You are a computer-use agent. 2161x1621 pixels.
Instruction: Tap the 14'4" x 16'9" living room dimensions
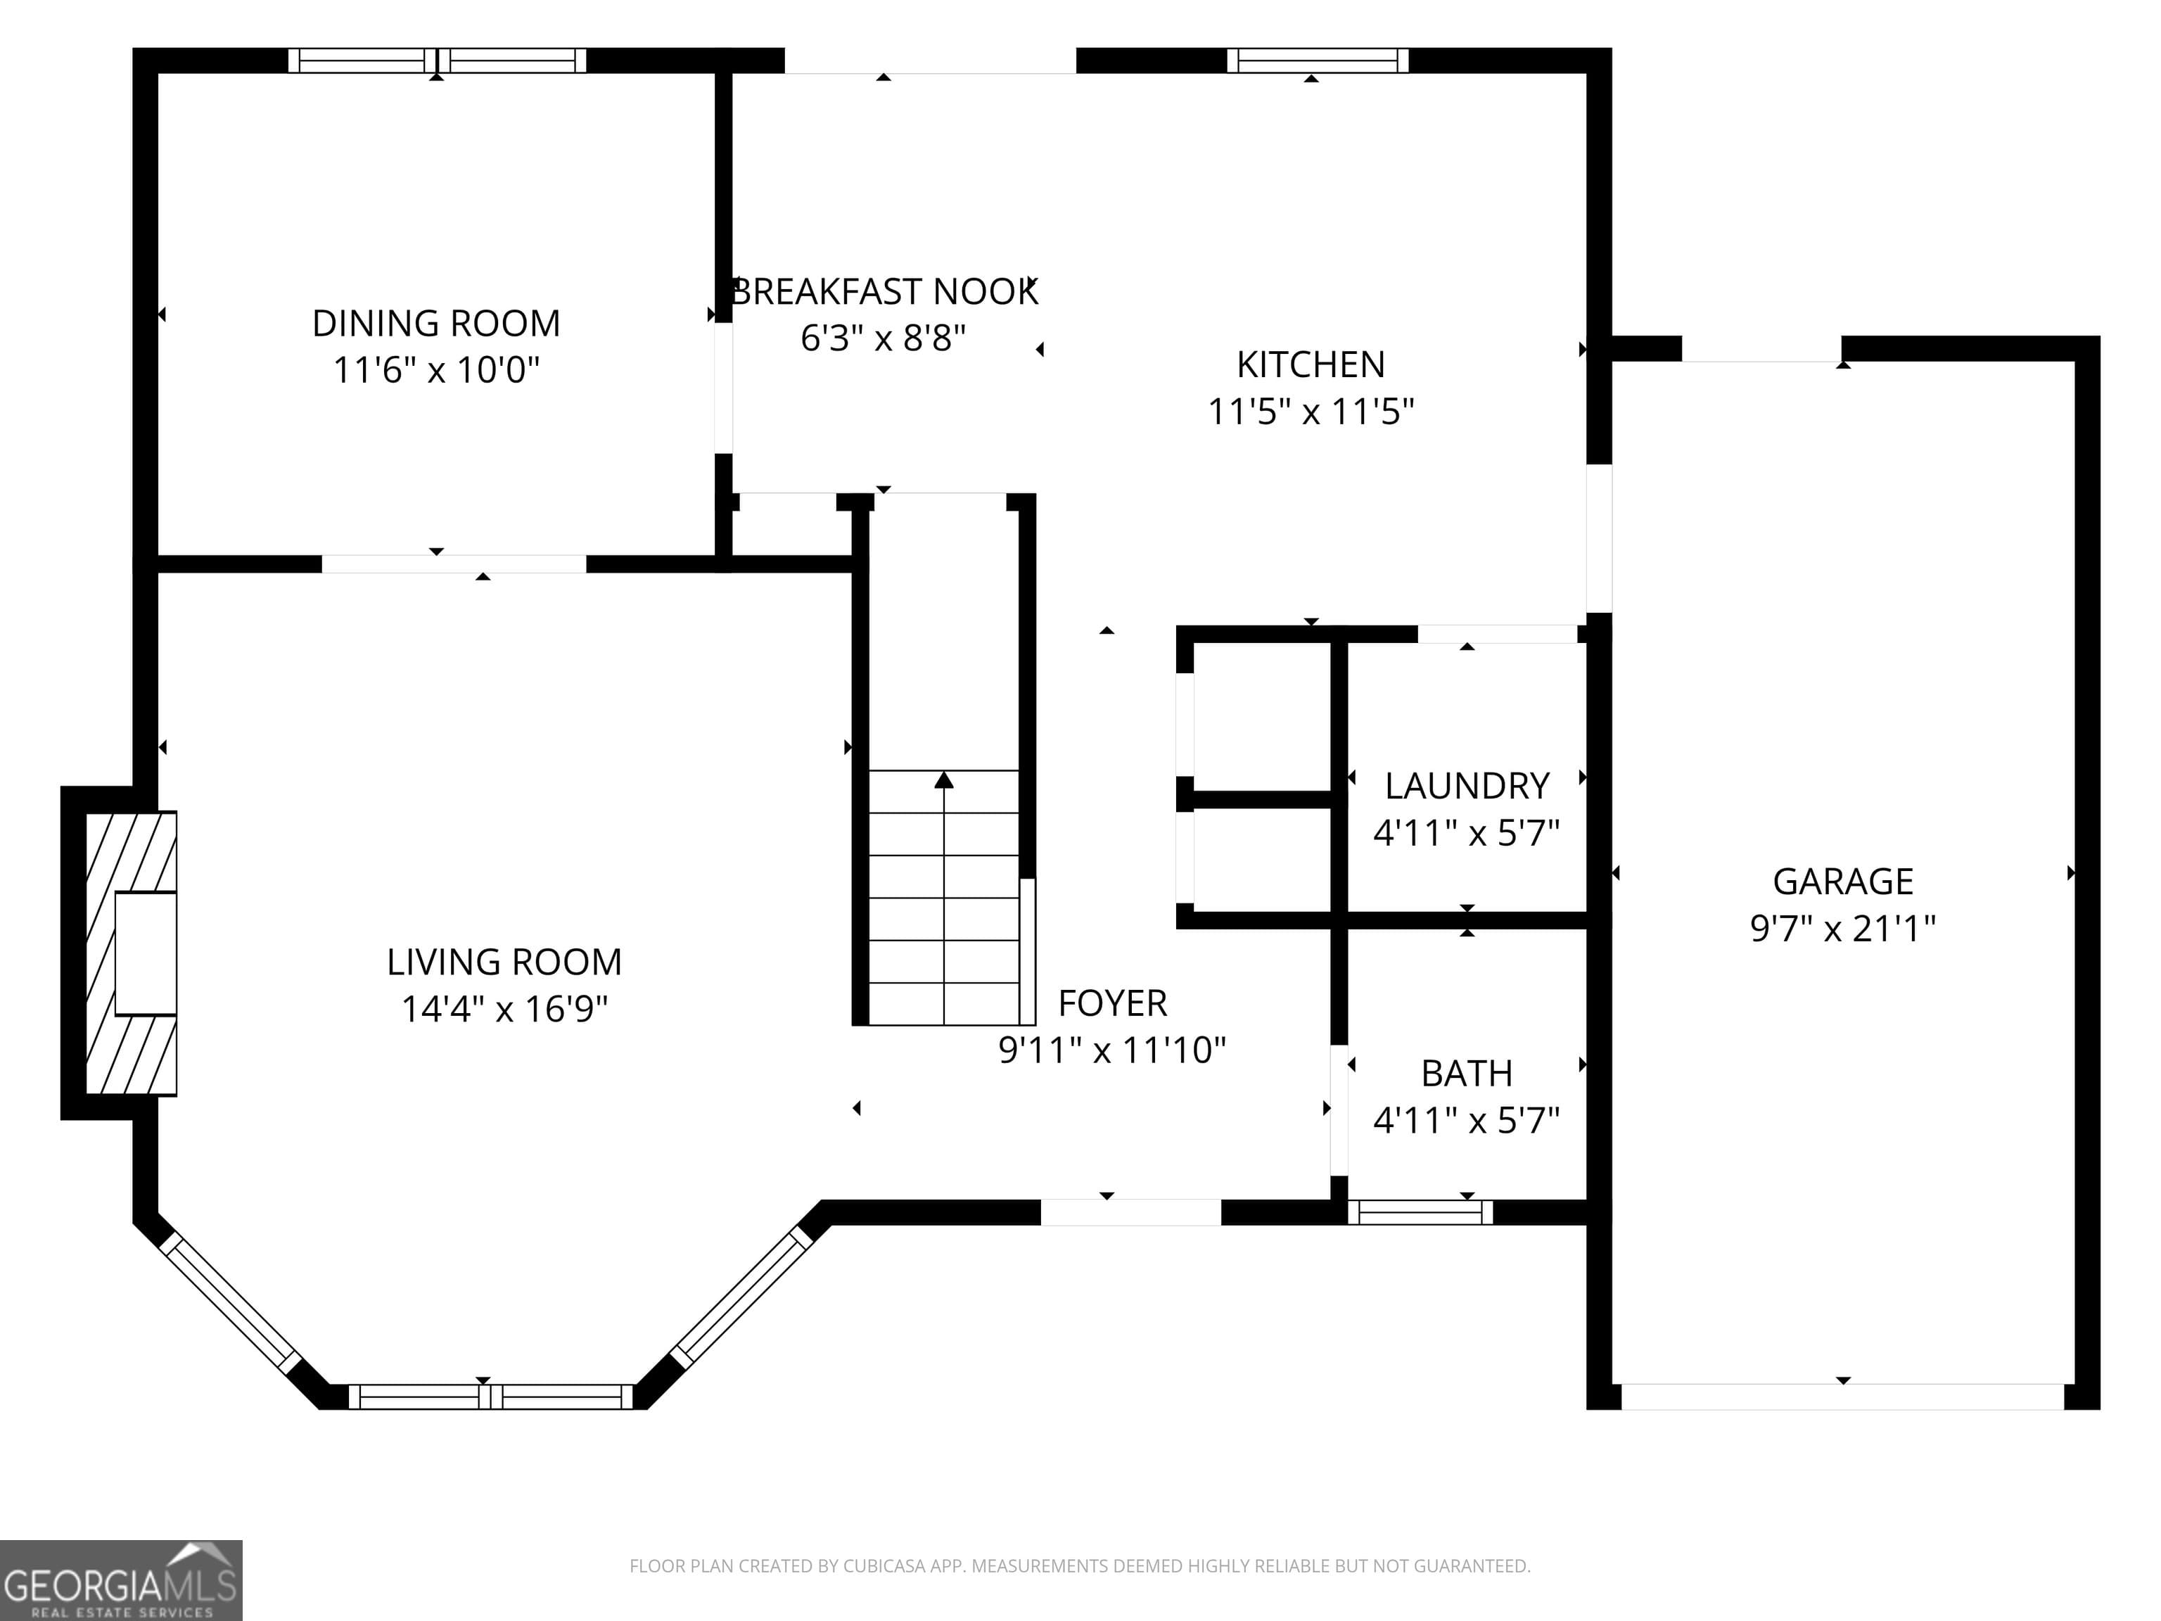coord(504,1008)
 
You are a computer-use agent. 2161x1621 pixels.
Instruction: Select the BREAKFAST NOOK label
coord(884,292)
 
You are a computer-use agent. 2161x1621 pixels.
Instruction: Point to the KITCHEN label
coord(1310,364)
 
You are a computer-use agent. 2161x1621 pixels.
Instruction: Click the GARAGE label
coord(1842,882)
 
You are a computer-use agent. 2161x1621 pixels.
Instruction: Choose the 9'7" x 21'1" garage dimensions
coord(1842,928)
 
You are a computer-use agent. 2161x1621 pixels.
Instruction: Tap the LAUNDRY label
coord(1467,786)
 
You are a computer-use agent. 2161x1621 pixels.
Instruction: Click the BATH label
coord(1467,1073)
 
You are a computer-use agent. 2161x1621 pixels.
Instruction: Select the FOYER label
coord(1111,1003)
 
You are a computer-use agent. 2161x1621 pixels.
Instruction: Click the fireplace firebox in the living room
coord(146,953)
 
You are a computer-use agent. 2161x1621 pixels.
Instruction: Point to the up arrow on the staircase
coord(944,780)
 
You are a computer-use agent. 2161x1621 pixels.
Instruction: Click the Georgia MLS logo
coord(120,1580)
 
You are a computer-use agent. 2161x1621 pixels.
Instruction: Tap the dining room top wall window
coord(437,61)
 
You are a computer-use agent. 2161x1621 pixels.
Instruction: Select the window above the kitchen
coord(1317,61)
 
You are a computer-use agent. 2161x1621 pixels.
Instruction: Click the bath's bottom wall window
coord(1420,1212)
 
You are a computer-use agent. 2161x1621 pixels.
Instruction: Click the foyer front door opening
coord(1130,1212)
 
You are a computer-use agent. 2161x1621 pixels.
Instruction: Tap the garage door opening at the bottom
coord(1842,1397)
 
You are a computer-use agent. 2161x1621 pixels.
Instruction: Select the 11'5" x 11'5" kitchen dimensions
coord(1310,412)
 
